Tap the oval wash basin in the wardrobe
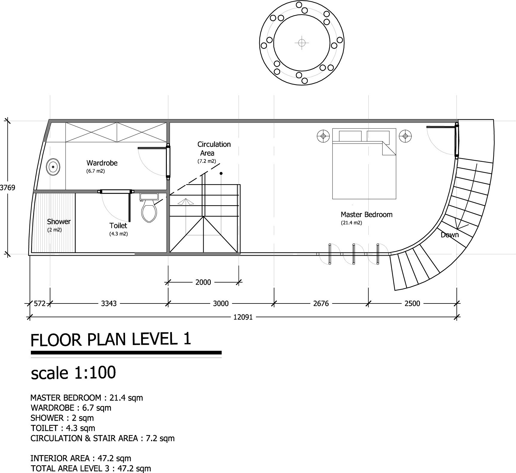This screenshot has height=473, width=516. [x=53, y=167]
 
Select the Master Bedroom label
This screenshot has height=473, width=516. [x=366, y=214]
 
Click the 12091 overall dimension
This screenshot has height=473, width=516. [x=243, y=317]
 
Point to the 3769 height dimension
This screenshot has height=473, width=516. [x=7, y=188]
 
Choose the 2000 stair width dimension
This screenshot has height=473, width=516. [x=203, y=282]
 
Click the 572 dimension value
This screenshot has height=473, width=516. [x=39, y=304]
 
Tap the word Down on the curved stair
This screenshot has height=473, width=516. [x=449, y=235]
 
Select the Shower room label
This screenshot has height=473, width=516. [x=59, y=222]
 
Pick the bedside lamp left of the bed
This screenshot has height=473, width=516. [x=323, y=136]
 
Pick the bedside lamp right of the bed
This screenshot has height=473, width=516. [x=405, y=136]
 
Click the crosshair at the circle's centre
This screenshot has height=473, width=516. [x=302, y=43]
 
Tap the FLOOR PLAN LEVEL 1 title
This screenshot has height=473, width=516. [x=111, y=340]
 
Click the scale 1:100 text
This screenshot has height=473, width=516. [x=73, y=373]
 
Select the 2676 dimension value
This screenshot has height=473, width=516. [x=321, y=304]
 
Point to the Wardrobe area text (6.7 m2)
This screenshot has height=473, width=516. [x=96, y=171]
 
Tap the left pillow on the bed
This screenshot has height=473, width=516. [x=349, y=136]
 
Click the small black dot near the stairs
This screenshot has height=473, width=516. [x=221, y=173]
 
